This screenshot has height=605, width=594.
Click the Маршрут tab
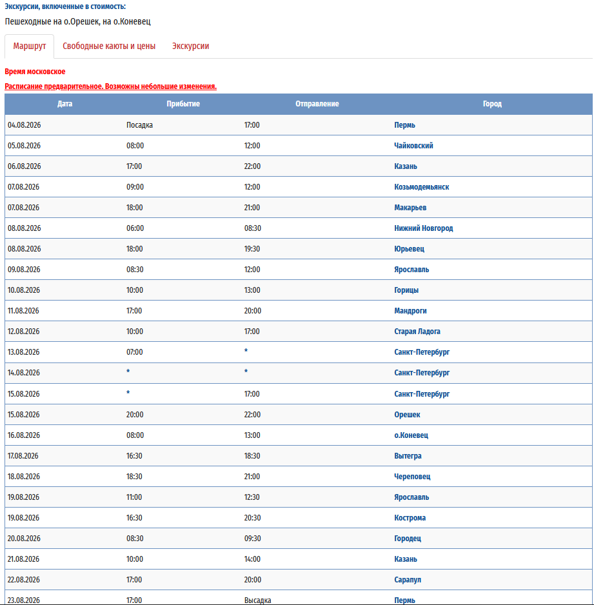point(29,46)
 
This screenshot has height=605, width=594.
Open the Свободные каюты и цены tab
point(109,46)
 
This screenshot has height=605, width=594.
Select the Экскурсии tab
point(190,46)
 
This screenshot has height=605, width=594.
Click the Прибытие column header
point(183,104)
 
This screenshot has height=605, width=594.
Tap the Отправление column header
point(317,104)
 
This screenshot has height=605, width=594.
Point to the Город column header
point(492,104)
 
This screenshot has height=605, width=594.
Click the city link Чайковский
point(413,146)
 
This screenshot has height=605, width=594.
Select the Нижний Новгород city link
point(423,228)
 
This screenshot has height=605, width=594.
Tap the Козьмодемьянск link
point(421,187)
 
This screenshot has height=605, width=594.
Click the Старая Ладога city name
point(417,332)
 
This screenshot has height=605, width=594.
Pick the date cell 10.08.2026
point(24,290)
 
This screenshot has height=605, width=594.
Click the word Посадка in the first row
point(139,125)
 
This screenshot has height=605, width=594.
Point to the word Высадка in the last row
point(257,600)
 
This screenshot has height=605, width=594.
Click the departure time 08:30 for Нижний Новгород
point(252,228)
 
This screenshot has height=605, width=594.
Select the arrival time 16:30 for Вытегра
point(134,456)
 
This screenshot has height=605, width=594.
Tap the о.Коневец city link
point(411,435)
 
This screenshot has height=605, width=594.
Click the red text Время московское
point(35,72)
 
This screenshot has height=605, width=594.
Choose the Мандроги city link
point(410,311)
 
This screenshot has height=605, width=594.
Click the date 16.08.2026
point(24,435)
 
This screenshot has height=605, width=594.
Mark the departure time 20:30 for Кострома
point(252,518)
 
